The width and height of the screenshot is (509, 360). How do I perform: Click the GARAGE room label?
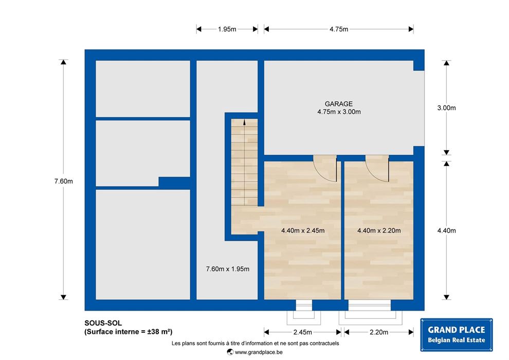point(339,104)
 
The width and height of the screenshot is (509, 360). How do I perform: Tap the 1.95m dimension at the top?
point(227,29)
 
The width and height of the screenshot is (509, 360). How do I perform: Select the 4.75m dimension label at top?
point(339,29)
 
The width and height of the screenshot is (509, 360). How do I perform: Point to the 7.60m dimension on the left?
point(64,181)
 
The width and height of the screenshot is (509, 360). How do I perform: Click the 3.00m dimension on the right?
point(446,108)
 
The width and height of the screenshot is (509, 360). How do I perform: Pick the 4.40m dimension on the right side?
point(446,230)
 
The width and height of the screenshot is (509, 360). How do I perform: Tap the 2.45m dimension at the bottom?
point(302,332)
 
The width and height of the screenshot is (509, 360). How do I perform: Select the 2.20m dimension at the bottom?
point(379,332)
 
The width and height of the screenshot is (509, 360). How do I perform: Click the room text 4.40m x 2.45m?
point(303,230)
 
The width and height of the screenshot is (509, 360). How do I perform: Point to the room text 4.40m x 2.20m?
point(379,230)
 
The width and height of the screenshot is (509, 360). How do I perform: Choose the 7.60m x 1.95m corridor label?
point(228,269)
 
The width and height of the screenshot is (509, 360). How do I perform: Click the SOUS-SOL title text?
point(103,323)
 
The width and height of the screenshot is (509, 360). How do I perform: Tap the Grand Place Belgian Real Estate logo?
point(457,335)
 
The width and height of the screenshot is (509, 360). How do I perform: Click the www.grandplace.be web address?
point(259,352)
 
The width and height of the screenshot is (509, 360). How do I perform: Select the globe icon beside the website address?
point(230,352)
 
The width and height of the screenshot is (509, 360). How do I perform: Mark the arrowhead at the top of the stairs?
point(244,122)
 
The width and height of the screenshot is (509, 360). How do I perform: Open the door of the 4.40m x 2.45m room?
point(325,168)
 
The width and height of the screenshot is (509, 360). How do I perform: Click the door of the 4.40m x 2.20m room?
point(377,168)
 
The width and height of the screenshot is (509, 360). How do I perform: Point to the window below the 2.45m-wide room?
point(304,305)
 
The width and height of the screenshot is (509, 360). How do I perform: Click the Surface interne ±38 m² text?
point(128,332)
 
